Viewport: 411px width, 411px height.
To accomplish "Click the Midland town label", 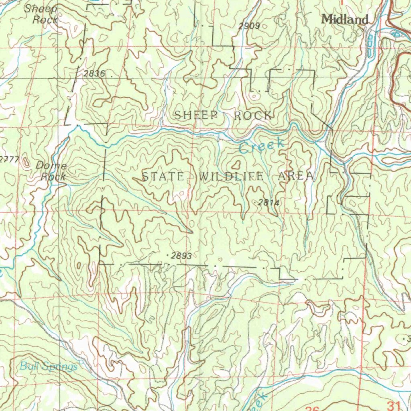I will (x=345, y=19).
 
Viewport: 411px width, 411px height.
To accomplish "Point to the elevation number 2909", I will (x=249, y=26).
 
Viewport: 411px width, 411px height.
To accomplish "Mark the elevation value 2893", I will (x=181, y=256).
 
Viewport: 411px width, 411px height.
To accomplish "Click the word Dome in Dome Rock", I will (x=51, y=165).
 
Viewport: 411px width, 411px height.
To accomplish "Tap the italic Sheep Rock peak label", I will (x=41, y=14).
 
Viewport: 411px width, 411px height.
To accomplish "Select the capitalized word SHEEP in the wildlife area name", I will (x=196, y=116).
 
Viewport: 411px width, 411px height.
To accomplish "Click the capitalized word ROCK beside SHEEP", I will (x=253, y=116).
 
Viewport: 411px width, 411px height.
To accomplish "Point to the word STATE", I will (x=163, y=176).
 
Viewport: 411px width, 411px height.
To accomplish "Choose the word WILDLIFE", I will (x=232, y=176).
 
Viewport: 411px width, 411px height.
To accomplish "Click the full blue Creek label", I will (x=262, y=146).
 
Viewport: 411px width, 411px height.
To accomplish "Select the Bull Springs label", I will (x=49, y=366).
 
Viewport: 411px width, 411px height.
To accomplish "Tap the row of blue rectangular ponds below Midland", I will (x=370, y=45).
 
